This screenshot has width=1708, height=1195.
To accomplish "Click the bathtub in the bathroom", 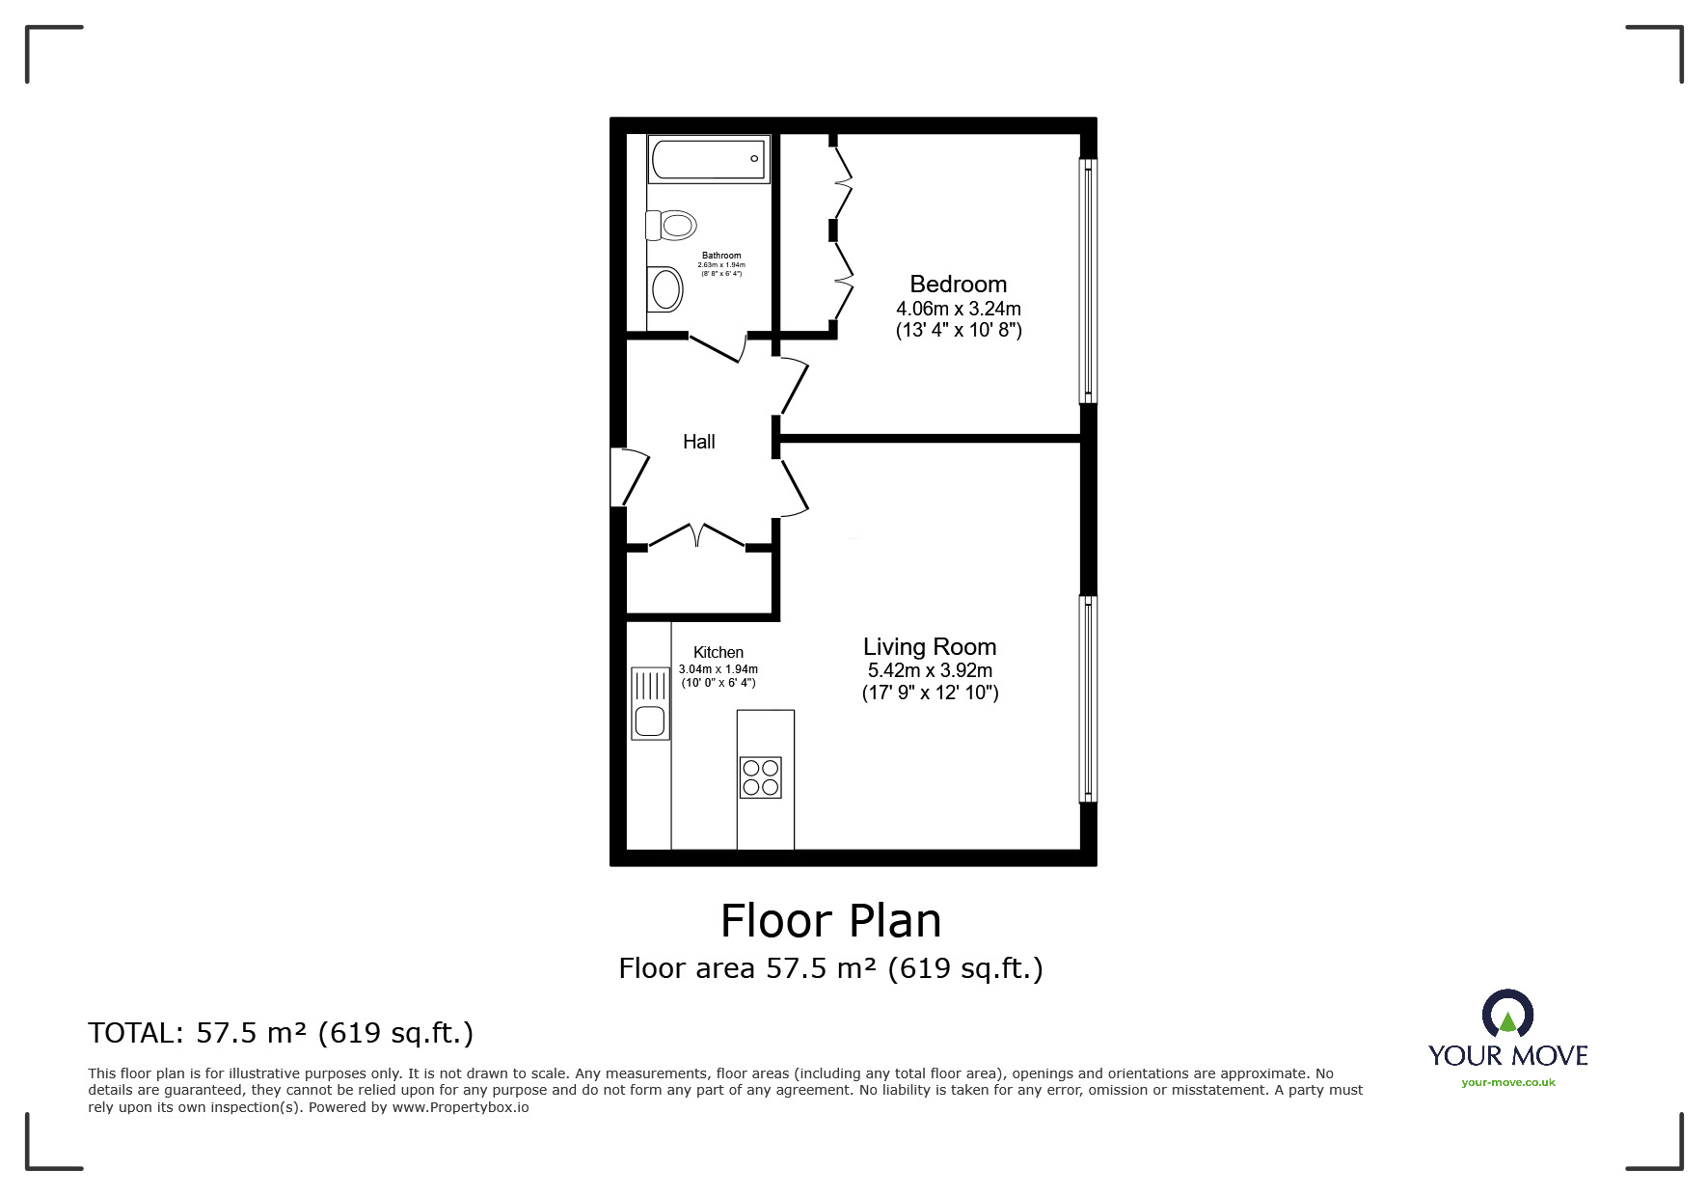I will click(709, 159).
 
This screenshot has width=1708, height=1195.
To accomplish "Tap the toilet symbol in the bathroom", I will click(671, 226).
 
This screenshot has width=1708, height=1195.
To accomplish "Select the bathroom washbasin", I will click(665, 288).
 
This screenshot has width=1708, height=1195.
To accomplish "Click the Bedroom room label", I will click(958, 285).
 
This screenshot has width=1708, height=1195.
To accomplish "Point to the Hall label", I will click(698, 442).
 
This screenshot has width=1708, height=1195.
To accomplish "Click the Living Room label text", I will click(929, 647).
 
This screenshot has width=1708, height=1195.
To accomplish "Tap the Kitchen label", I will click(718, 653).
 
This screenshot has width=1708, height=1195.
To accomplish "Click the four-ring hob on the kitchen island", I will click(760, 777).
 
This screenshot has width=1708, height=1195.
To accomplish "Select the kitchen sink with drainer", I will click(650, 703).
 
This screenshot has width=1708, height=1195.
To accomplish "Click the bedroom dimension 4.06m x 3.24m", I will click(958, 310).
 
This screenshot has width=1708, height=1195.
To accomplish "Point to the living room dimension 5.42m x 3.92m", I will click(929, 671).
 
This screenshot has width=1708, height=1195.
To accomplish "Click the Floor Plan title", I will click(830, 920).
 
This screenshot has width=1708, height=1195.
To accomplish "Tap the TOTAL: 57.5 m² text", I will click(281, 1033).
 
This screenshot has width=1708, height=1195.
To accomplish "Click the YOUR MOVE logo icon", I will click(1506, 1015).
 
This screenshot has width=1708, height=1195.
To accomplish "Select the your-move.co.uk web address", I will click(1507, 1082).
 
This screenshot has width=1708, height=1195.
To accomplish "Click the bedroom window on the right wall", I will click(1088, 280).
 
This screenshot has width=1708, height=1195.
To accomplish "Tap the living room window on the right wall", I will click(1088, 699).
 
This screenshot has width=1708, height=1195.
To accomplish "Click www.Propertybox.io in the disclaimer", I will click(460, 1107).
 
